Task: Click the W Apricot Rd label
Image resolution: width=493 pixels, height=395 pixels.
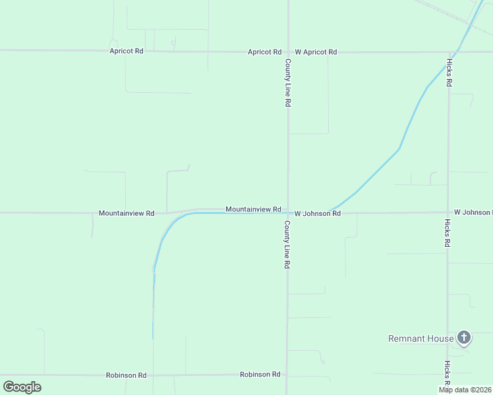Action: coord(316,51)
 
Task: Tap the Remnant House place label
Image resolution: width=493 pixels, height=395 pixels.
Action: coord(421,339)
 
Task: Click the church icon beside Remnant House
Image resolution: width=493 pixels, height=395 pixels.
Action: coord(464,338)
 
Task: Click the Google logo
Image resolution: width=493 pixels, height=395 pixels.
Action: coord(22,386)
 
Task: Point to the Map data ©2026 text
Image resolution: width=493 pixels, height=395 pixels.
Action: coord(465,390)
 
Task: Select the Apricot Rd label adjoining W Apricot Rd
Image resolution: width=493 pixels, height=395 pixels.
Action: coord(264,51)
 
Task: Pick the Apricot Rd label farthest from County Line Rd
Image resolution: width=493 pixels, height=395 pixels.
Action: coord(127,51)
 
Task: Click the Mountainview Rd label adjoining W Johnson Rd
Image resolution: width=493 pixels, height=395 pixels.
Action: coord(254,209)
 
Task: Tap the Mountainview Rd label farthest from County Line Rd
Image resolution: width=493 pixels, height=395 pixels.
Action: coord(127,213)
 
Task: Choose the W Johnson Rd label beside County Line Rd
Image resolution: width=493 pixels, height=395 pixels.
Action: coord(317,213)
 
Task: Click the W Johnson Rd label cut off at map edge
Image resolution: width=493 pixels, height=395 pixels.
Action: coord(473,212)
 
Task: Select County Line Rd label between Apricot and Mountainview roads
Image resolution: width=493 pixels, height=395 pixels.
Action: coord(287,83)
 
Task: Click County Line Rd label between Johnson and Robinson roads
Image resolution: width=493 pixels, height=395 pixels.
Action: coord(287,244)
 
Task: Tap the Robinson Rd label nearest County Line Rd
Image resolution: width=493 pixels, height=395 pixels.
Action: coord(260,374)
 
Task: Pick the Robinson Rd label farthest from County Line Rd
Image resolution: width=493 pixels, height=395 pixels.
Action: coord(127,375)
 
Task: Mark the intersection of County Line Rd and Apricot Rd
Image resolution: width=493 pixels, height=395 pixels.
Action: coord(287,51)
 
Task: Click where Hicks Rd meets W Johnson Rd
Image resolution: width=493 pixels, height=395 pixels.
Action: coord(448,213)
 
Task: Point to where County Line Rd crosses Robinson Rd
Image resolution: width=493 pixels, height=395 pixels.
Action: coord(287,375)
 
